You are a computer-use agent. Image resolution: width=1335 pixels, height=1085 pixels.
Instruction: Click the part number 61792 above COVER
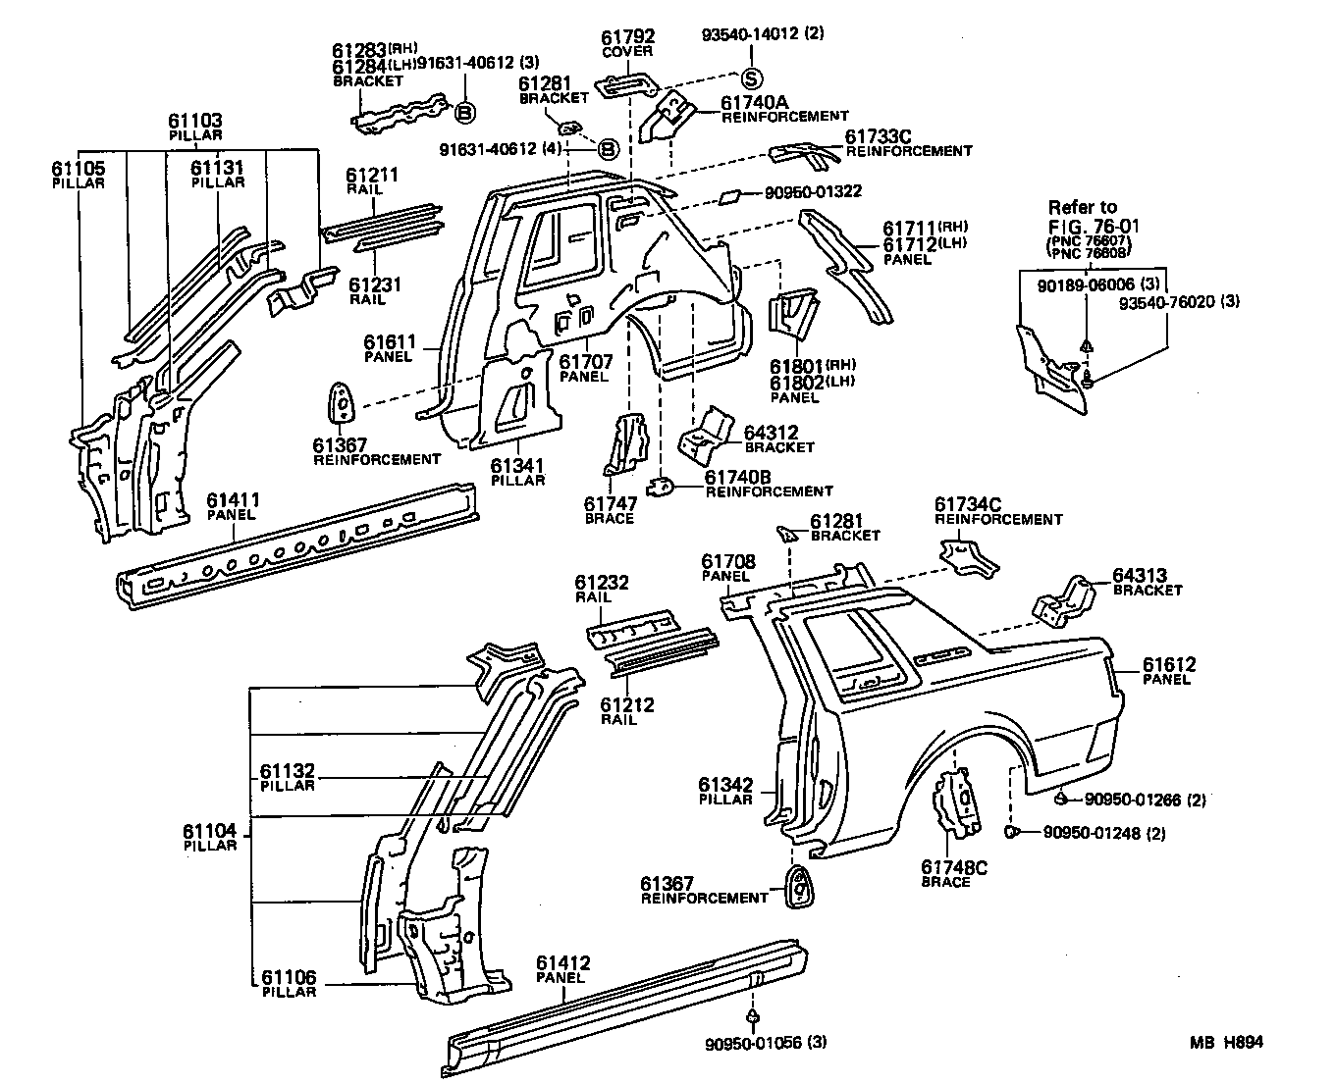(x=627, y=37)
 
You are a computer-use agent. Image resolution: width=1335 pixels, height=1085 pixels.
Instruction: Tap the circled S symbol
(x=751, y=79)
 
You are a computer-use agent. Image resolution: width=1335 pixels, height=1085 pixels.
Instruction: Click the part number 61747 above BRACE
(x=610, y=503)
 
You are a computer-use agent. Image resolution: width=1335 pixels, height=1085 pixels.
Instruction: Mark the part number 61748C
(x=953, y=867)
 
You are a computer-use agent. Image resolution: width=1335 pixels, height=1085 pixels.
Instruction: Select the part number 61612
(x=1169, y=665)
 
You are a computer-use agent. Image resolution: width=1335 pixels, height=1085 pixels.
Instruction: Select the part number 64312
(x=771, y=432)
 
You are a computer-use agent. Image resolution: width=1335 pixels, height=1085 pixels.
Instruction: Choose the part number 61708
(x=727, y=561)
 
